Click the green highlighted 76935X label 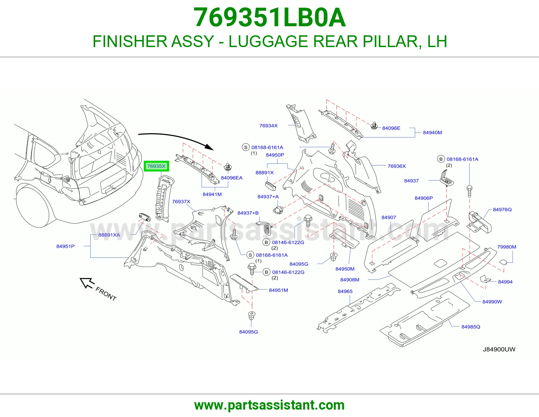coord(156,166)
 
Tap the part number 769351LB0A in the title coord(269,17)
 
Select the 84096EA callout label coord(232,178)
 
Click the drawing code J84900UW coord(499,349)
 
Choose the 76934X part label coord(268,126)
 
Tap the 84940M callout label coord(432,132)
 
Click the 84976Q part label coord(502,210)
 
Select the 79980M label coord(507,247)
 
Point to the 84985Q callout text coord(471,327)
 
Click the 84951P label coord(65,247)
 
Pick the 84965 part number coord(345,292)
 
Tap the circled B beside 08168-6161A coord(441,159)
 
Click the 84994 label coord(505,282)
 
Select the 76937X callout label coord(181,201)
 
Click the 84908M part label coord(350,279)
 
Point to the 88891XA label coord(109,235)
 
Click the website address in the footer coord(269,405)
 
